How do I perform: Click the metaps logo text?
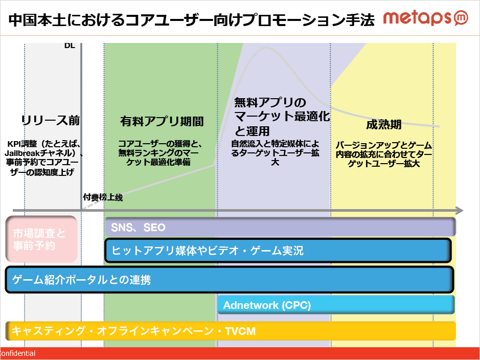417,18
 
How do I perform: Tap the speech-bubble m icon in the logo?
461,18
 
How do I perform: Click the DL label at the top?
70,46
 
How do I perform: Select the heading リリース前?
51,120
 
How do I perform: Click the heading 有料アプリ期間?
162,122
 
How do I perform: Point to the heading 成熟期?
383,125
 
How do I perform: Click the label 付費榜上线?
103,197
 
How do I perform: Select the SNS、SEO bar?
280,227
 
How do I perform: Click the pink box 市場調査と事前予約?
41,239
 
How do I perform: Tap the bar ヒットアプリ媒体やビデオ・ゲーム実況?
278,251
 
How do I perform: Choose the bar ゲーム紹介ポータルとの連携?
230,280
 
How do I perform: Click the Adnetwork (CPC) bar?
336,305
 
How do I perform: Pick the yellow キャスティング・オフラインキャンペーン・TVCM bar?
231,331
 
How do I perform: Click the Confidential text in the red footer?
18,353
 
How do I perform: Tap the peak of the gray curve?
266,48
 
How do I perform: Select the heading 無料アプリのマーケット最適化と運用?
282,116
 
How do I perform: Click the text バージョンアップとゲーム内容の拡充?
384,149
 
